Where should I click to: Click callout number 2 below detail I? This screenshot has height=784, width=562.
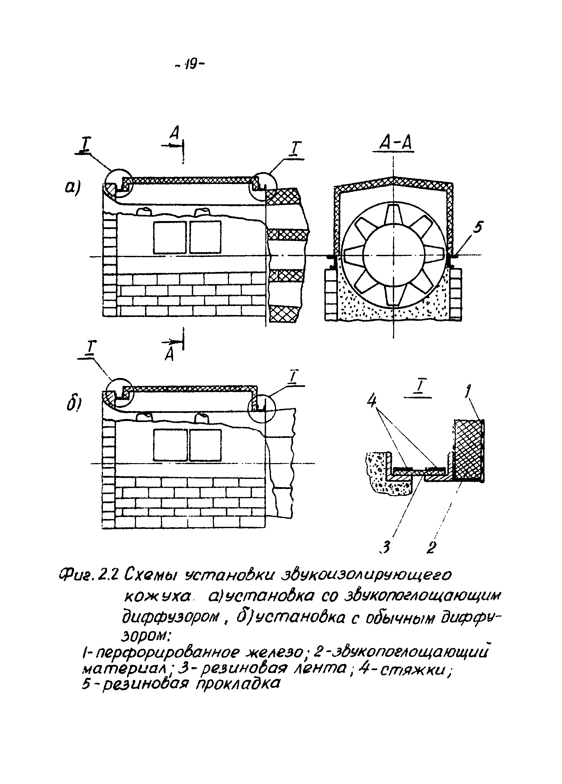[430, 547]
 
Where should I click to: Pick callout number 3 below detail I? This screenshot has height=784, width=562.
[386, 547]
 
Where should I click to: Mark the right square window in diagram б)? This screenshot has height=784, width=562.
[205, 445]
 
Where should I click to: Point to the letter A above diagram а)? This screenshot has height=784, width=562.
[175, 132]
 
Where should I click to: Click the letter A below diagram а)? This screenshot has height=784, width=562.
[169, 354]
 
